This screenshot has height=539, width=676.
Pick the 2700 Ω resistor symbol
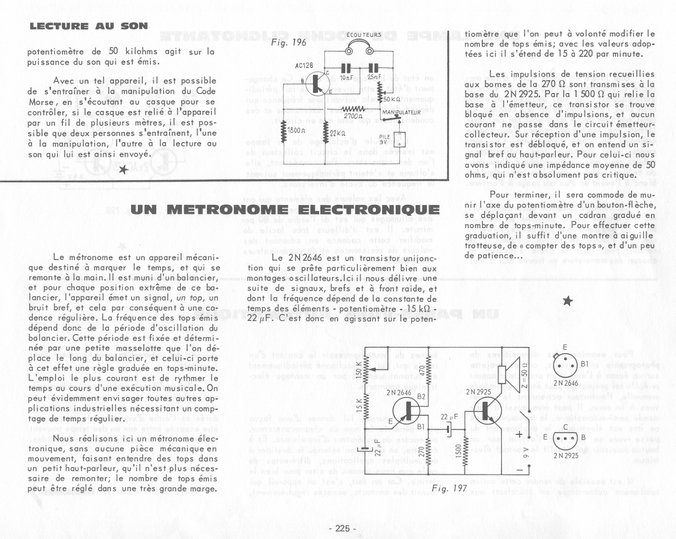[x=352, y=109]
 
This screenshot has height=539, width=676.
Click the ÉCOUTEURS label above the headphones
[x=363, y=35]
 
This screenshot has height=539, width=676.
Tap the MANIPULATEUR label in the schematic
[x=401, y=113]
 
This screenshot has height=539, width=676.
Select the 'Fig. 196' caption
[x=288, y=42]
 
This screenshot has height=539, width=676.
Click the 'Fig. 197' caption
[x=449, y=488]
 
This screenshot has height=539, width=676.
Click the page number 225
[x=342, y=528]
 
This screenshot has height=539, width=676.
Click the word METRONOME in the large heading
[x=227, y=210]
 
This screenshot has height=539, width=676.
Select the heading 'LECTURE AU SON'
[x=89, y=26]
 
